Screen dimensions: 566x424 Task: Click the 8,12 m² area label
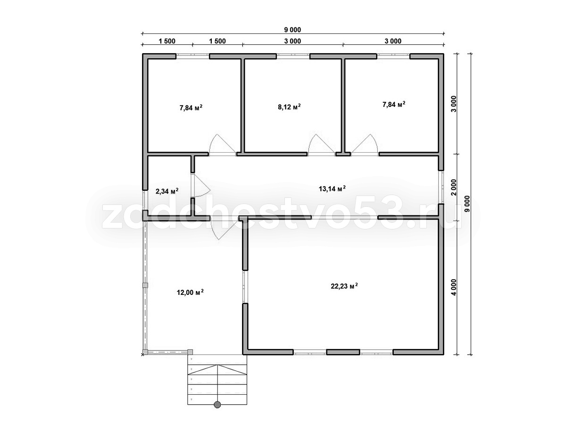(x=289, y=107)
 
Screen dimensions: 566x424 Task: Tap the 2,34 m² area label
(x=167, y=191)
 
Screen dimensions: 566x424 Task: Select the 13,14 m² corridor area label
(x=332, y=189)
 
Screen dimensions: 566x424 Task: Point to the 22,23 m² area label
(x=344, y=286)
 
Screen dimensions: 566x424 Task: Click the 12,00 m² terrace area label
(x=190, y=292)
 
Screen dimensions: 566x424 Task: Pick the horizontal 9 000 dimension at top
(x=292, y=30)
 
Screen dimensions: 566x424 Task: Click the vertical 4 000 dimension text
(x=454, y=287)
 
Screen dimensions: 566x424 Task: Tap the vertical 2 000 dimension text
(x=454, y=188)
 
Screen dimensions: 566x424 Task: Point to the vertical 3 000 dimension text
(x=454, y=104)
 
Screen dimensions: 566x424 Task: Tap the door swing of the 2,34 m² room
(x=202, y=186)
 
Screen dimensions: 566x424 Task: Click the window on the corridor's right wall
(x=441, y=187)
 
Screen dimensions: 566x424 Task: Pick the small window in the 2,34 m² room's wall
(x=145, y=200)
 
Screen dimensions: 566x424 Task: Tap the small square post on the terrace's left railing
(x=146, y=285)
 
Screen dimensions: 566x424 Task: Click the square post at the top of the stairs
(x=190, y=351)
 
